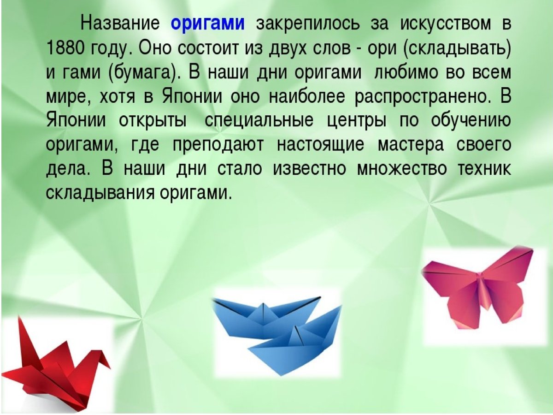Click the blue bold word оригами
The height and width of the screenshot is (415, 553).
pyautogui.click(x=207, y=23)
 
